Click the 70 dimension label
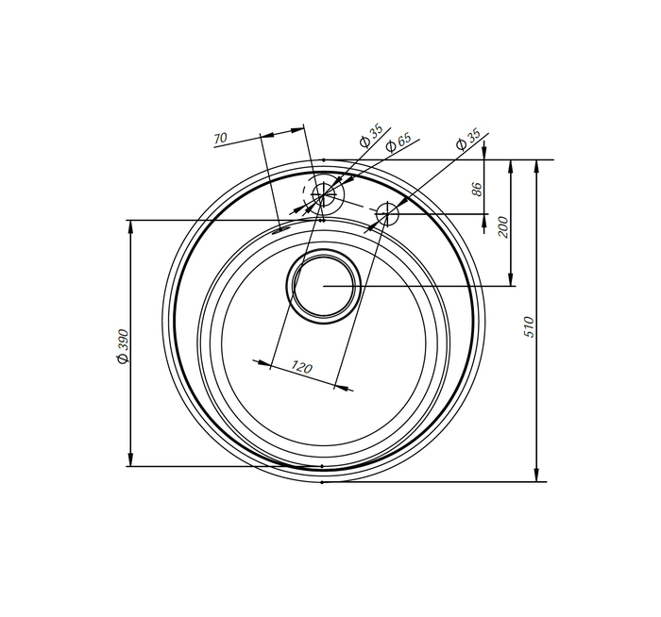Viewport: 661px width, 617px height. coord(220,138)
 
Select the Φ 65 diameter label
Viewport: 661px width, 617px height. coord(398,143)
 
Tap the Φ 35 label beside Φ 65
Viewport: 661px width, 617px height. coord(370,135)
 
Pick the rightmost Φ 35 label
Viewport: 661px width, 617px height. coord(468,140)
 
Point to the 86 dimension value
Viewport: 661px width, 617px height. coord(476,189)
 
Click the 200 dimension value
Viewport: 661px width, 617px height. coord(503,226)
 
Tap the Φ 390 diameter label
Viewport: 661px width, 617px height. coord(123,346)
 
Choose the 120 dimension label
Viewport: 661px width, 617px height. coord(302,368)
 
